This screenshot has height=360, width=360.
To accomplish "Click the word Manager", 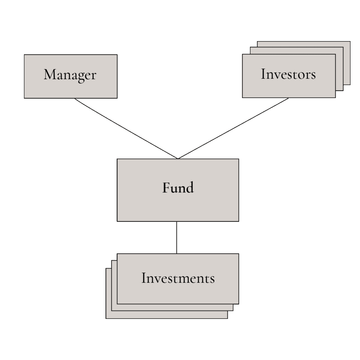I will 70,75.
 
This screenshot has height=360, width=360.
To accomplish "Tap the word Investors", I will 288,75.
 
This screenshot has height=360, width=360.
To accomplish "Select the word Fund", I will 178,188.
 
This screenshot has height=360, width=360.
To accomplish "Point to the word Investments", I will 178,278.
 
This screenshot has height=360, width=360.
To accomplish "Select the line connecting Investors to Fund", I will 233,128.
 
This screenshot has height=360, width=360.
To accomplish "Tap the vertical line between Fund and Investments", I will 176,237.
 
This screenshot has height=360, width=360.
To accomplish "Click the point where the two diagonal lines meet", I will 178,159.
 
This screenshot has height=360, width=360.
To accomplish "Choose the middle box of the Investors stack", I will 340,70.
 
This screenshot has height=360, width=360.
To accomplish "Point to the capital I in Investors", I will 263,74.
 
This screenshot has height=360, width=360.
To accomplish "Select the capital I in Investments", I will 143,278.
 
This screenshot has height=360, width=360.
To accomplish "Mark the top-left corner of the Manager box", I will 24,54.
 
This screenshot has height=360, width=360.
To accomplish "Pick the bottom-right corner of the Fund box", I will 239,221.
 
